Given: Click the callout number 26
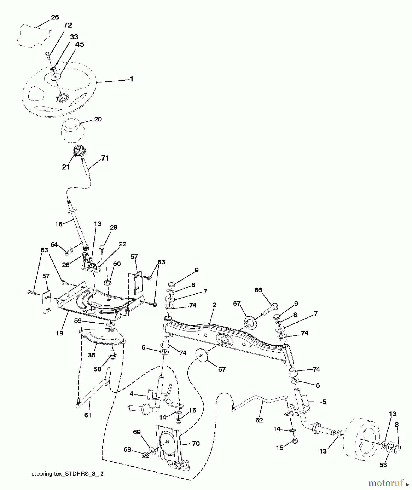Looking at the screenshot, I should click(x=55, y=17).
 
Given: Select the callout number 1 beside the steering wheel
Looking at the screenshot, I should click(x=132, y=79).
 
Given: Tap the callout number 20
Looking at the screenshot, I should click(x=98, y=119).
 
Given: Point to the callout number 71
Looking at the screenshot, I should click(x=105, y=158).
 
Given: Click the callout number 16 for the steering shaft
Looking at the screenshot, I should click(x=59, y=224).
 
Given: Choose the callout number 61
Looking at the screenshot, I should click(x=88, y=415).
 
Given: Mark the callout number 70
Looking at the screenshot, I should click(x=196, y=443).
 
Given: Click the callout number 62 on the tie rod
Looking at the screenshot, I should click(x=259, y=420).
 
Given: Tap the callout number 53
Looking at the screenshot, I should click(x=383, y=465).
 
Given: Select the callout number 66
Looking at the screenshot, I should click(x=258, y=290).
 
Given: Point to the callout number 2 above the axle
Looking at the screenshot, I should click(x=214, y=305).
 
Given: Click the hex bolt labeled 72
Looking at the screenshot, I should click(x=47, y=56).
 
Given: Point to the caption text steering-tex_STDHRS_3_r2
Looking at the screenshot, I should click(x=68, y=474).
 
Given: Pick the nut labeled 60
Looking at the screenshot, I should click(x=107, y=282).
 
